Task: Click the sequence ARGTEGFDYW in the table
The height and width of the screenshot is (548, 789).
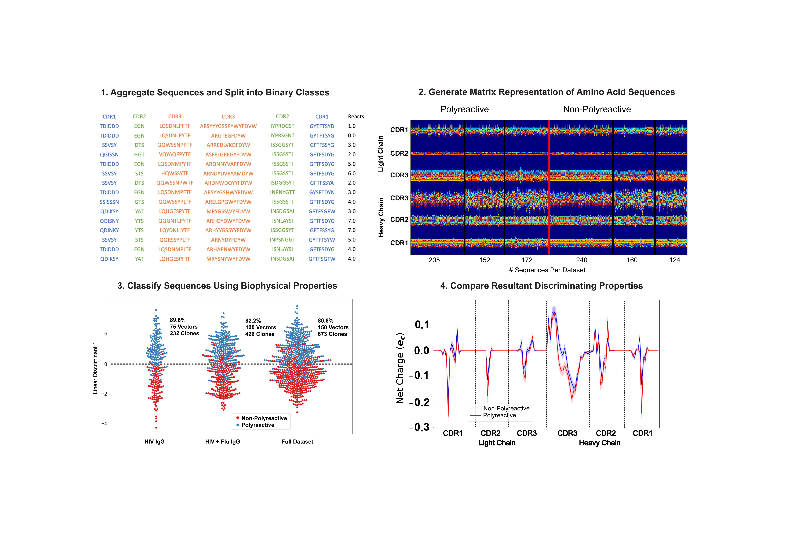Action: click(x=228, y=136)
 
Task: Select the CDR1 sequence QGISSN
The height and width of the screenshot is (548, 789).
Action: click(x=109, y=155)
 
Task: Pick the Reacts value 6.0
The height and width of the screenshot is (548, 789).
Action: click(x=352, y=173)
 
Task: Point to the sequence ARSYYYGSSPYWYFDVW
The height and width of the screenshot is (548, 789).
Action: click(x=228, y=126)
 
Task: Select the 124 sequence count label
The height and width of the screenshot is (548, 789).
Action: click(x=675, y=260)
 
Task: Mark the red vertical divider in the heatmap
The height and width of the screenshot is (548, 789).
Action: click(x=549, y=187)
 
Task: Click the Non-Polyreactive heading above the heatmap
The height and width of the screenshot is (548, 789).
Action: click(x=597, y=109)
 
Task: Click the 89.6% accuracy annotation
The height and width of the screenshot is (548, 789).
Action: click(x=178, y=320)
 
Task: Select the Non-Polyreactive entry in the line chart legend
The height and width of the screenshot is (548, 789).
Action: click(x=506, y=408)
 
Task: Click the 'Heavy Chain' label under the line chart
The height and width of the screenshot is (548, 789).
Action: click(x=599, y=443)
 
